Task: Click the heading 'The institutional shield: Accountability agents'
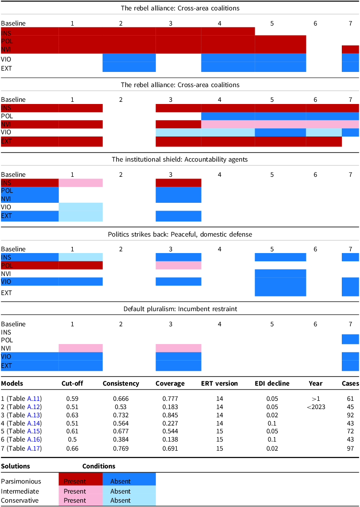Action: point(180,159)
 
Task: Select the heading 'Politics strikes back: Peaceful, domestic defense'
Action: point(180,234)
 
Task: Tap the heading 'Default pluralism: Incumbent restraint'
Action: point(180,309)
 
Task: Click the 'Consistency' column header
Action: point(121,383)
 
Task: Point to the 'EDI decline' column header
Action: point(272,383)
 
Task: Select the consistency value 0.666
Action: point(121,399)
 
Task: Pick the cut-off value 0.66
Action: point(72,449)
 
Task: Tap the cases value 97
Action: point(350,449)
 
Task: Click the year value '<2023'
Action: point(315,407)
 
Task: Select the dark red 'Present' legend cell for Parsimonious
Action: point(81,481)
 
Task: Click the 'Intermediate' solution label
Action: point(20,491)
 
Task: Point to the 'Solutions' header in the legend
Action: point(16,466)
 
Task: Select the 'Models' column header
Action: point(12,383)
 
